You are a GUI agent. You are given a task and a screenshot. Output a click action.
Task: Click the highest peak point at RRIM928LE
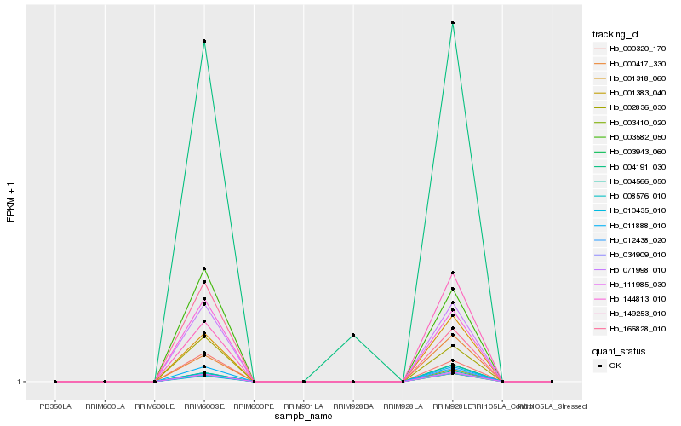452,23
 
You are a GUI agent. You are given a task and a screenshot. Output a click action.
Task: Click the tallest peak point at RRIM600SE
204,41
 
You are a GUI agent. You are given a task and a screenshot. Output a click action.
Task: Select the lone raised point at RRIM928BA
353,335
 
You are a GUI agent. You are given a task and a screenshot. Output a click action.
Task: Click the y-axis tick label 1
20,382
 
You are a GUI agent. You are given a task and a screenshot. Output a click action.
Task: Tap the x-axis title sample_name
304,417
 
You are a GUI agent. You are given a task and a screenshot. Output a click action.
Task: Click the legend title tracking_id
615,34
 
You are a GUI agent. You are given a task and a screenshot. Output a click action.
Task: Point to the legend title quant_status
619,350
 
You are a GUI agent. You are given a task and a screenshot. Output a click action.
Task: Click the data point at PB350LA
55,382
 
